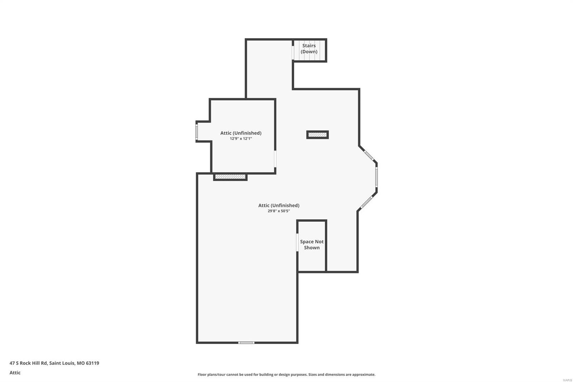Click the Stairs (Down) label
tap(309, 48)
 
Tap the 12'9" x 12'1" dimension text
tap(241, 139)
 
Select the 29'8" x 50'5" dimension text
tap(279, 211)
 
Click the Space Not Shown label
tap(312, 244)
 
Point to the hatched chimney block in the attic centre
tap(317, 135)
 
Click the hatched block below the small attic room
tap(230, 177)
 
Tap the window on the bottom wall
tap(246, 343)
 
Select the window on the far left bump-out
tap(197, 132)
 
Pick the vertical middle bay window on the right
tap(376, 177)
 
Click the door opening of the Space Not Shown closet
tap(297, 243)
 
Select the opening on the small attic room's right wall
tap(275, 159)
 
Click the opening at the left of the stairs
tap(293, 50)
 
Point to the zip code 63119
tap(92, 363)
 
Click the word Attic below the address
tap(15, 373)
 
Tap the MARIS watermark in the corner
tap(567, 380)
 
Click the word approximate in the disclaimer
tap(363, 374)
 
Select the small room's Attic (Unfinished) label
tap(241, 133)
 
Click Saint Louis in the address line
tap(62, 363)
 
